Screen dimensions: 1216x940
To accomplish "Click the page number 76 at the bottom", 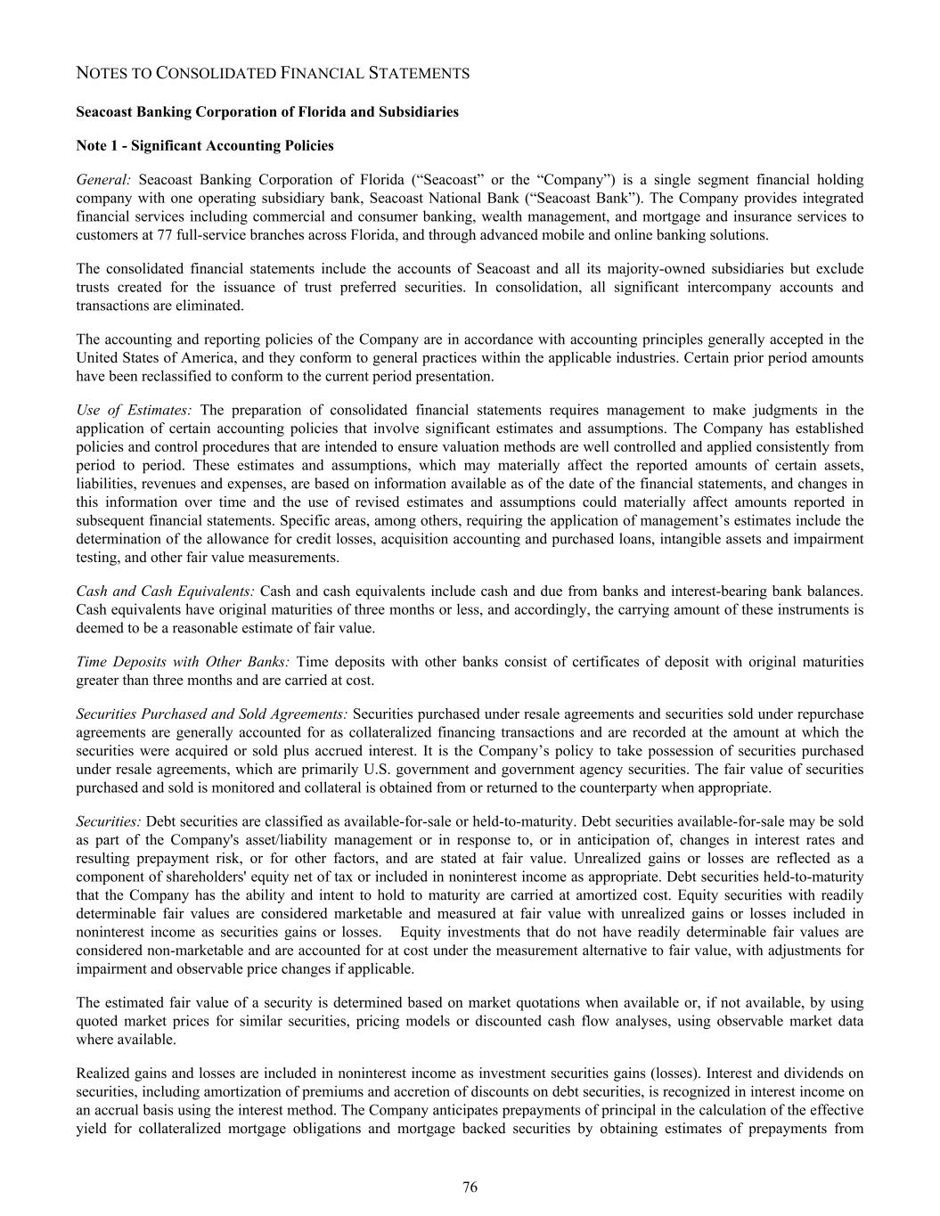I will point(470,1187).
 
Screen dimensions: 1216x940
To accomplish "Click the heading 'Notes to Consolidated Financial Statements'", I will point(273,74).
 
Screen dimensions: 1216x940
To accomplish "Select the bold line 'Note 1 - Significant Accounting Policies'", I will point(205,145).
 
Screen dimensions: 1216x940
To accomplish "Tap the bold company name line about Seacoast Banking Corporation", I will point(267,111).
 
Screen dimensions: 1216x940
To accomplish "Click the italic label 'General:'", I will point(103,180).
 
